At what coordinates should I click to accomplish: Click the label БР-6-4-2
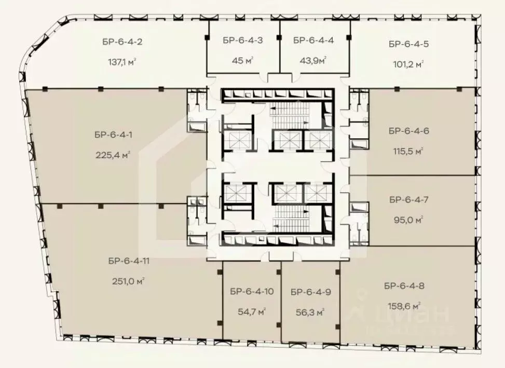(122, 42)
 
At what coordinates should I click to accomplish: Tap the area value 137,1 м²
(122, 62)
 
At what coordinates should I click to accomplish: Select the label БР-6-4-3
(242, 40)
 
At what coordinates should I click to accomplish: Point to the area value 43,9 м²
(313, 60)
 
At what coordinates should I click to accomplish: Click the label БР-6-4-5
(408, 44)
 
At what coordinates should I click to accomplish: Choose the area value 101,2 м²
(408, 64)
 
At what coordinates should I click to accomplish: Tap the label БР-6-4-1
(113, 134)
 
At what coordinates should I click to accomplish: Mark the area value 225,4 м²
(113, 155)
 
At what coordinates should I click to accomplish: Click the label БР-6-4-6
(408, 131)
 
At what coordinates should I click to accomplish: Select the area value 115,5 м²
(408, 151)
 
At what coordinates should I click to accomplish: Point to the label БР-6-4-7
(408, 200)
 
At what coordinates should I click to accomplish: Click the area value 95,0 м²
(408, 220)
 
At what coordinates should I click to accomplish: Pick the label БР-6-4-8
(404, 285)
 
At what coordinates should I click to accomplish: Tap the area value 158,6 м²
(404, 306)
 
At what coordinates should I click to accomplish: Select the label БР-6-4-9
(311, 292)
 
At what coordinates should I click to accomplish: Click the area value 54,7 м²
(252, 311)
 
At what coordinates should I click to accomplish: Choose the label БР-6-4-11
(129, 261)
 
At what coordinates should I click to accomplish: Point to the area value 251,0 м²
(128, 281)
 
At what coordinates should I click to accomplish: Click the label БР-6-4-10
(252, 291)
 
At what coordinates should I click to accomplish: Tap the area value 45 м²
(242, 60)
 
